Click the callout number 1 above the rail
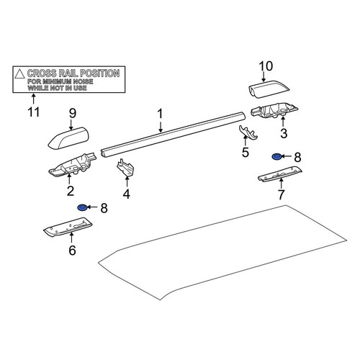[x=160, y=114]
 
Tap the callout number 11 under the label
[x=34, y=112]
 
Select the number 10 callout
[x=266, y=66]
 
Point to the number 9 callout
[x=73, y=113]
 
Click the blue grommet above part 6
[x=82, y=207]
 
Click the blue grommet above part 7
[x=276, y=157]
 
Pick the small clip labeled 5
[x=248, y=132]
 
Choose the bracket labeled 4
[x=125, y=167]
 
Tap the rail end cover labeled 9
[x=68, y=138]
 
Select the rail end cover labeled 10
[x=269, y=89]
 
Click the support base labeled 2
[x=73, y=165]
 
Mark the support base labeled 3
[x=274, y=110]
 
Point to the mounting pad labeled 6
[x=68, y=228]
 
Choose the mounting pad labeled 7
[x=280, y=174]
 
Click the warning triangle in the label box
[x=19, y=73]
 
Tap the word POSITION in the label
[x=100, y=73]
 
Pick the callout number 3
[x=284, y=133]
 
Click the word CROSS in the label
[x=42, y=73]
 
